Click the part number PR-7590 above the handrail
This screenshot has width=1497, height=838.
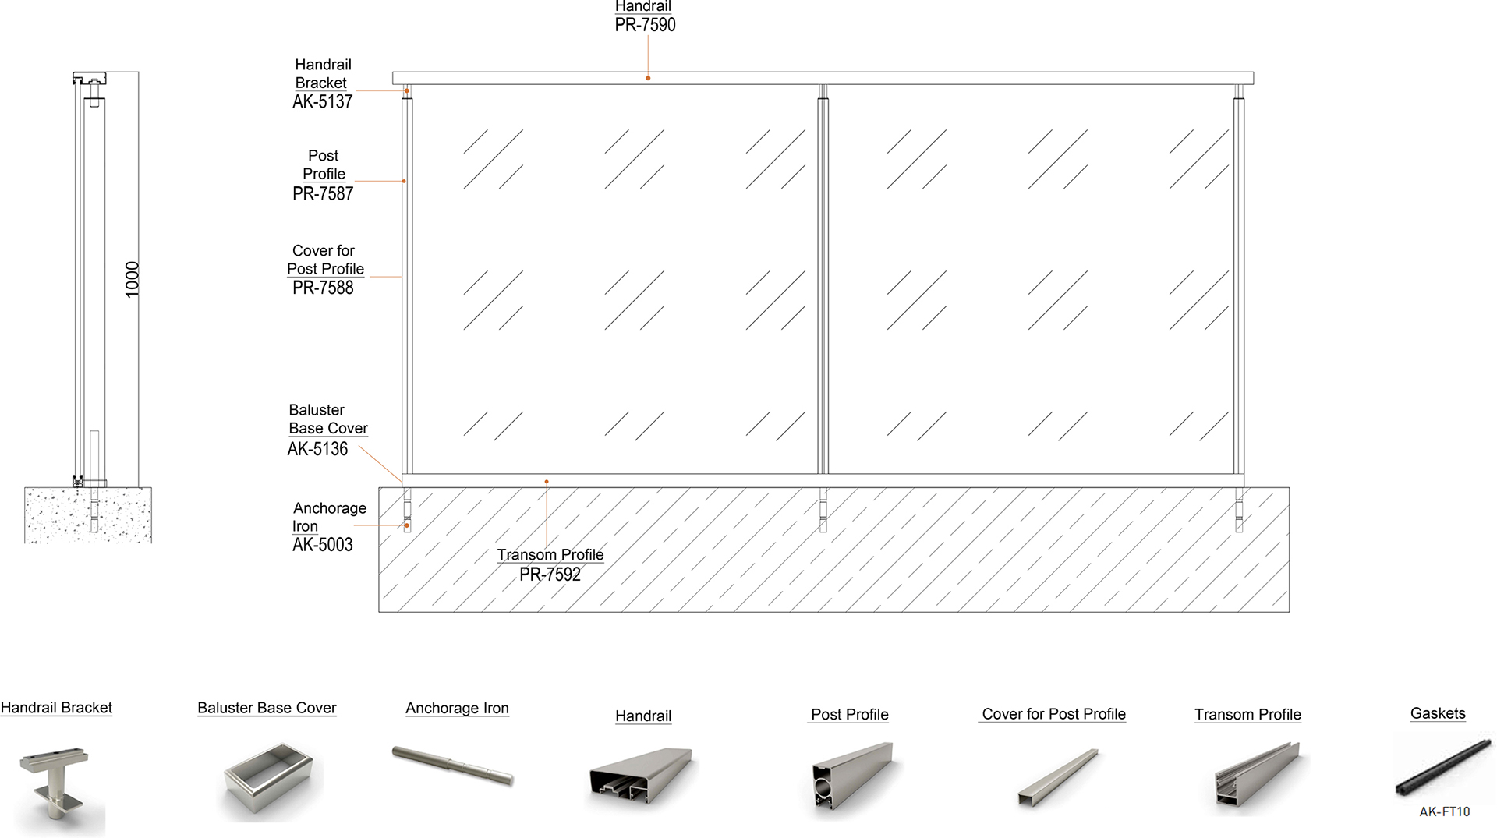click(x=645, y=25)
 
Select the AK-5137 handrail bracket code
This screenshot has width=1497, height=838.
click(x=322, y=101)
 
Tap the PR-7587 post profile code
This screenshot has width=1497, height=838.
click(x=323, y=193)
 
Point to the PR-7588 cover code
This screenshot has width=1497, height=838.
click(x=323, y=288)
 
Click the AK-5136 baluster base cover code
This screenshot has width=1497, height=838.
click(x=317, y=449)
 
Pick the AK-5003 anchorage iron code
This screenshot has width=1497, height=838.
click(x=322, y=545)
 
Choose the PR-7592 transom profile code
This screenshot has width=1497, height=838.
click(x=550, y=575)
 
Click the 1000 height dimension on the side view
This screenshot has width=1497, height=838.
click(x=133, y=279)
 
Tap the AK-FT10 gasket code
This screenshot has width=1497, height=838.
click(x=1444, y=811)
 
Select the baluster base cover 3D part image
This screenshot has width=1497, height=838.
click(x=270, y=780)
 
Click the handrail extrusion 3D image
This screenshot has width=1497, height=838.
click(x=642, y=776)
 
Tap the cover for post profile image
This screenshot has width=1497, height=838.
click(x=1057, y=776)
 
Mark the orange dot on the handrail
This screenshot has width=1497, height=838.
click(x=648, y=78)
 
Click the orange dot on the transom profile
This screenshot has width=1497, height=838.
click(x=547, y=482)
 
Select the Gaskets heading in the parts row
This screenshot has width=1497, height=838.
click(x=1438, y=713)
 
